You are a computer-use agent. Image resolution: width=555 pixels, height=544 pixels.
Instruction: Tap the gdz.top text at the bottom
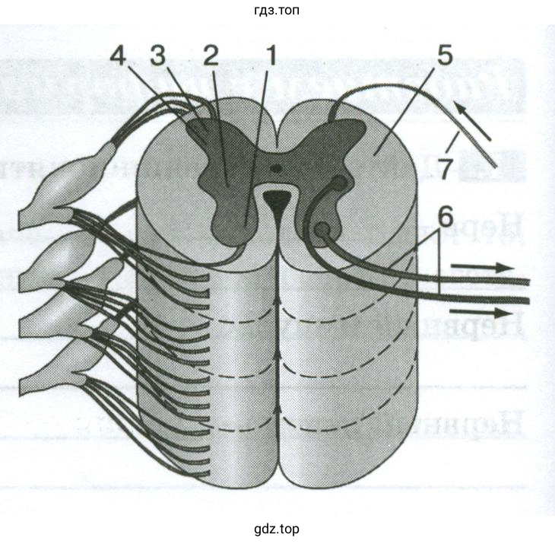pos(278,528)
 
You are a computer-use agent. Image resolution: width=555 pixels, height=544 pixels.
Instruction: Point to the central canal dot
pos(277,167)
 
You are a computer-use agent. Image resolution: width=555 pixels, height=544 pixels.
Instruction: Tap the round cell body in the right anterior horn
pos(322,229)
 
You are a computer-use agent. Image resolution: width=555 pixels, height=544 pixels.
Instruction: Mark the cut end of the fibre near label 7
pos(493,164)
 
